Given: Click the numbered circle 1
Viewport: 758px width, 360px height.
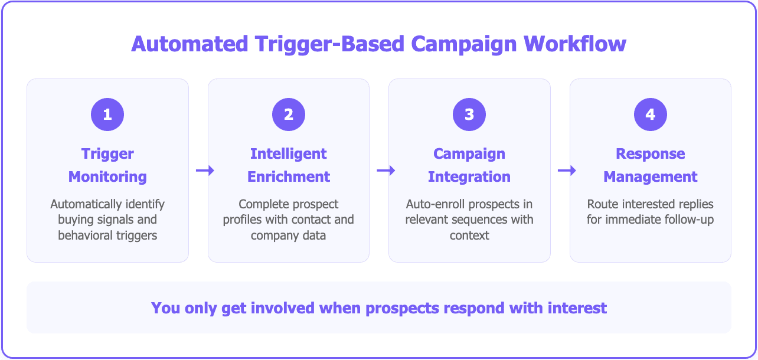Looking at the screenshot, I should click(107, 114).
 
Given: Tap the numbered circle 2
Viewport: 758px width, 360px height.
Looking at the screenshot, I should click(289, 114).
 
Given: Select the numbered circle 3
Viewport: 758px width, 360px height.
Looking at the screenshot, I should click(469, 114).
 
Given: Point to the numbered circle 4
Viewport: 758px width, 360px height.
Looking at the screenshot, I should click(651, 114).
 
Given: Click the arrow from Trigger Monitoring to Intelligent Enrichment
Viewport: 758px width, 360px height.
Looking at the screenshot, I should click(205, 171).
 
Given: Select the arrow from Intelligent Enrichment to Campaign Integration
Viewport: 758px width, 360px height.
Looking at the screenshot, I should click(385, 171).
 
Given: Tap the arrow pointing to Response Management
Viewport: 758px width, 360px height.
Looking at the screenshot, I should click(567, 171).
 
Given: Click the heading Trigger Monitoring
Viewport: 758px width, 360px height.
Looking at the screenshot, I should click(107, 165).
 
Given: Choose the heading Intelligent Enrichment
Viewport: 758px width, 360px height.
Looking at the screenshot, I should click(289, 165).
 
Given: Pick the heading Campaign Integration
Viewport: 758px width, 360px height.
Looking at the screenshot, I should click(469, 165).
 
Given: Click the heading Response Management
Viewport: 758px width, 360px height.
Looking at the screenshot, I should click(651, 165).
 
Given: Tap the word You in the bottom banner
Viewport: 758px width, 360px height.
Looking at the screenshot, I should click(163, 308).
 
